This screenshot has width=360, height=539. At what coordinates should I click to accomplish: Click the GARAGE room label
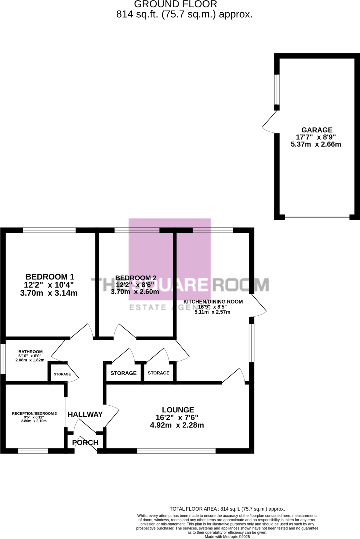click(x=317, y=130)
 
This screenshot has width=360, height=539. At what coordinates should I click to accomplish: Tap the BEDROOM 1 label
click(x=50, y=277)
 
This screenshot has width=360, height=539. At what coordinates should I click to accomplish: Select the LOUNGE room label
click(x=178, y=410)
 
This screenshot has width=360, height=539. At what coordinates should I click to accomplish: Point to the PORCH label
click(x=85, y=443)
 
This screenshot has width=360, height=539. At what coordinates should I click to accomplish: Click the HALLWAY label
click(x=85, y=415)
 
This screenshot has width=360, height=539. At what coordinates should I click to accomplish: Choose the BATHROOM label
click(x=30, y=352)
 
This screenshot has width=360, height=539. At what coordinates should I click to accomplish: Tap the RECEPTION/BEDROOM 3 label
click(x=34, y=413)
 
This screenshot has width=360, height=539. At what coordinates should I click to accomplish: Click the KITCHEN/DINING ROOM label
click(x=213, y=302)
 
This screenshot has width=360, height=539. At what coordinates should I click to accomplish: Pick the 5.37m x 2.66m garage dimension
click(x=316, y=144)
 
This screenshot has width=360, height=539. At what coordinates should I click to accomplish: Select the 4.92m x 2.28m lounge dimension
click(x=177, y=425)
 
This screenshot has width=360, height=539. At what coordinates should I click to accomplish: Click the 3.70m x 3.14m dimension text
click(x=49, y=293)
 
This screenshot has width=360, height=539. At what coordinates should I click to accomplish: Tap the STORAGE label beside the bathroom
click(x=62, y=374)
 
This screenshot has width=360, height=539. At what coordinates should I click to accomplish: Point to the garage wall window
click(x=277, y=89)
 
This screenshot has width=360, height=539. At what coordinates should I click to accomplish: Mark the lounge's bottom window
click(x=176, y=451)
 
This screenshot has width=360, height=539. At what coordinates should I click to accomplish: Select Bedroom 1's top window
click(x=49, y=230)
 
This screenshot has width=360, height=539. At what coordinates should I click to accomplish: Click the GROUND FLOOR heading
click(x=176, y=4)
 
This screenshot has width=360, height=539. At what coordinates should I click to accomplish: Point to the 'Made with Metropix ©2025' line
click(x=227, y=537)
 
